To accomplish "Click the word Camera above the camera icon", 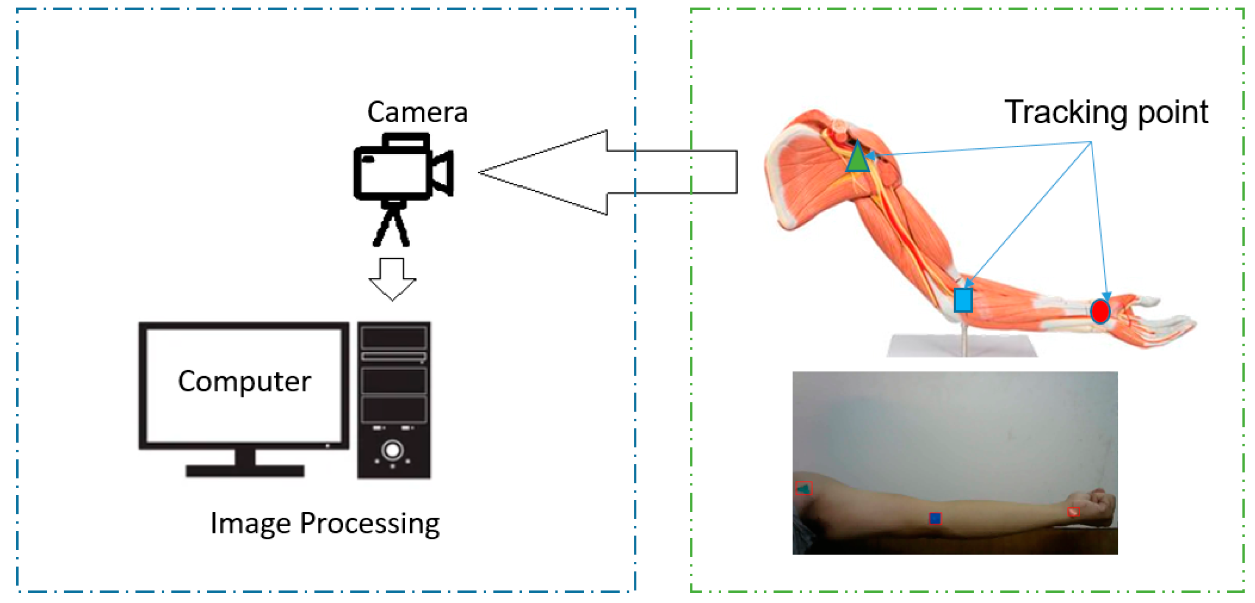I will (x=417, y=113).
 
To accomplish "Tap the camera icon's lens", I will (x=443, y=173).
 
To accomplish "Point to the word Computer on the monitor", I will (x=244, y=381).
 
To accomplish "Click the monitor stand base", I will (x=245, y=470).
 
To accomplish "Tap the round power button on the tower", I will (x=393, y=450).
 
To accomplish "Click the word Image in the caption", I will (x=250, y=524).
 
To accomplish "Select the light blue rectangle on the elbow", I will (x=963, y=300).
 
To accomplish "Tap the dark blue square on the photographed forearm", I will (x=935, y=518).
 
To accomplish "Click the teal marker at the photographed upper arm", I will (x=804, y=488).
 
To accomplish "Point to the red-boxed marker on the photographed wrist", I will (x=1073, y=511).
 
